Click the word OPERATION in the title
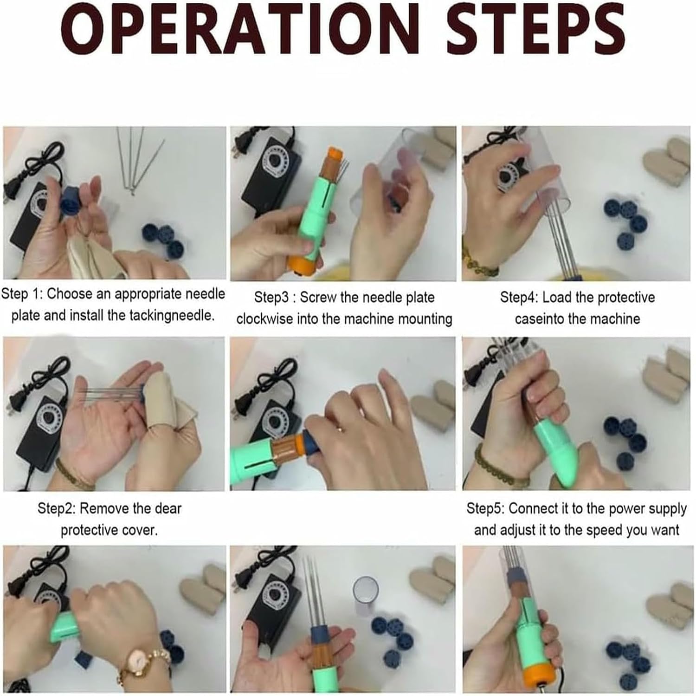point(240,29)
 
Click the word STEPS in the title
point(535,29)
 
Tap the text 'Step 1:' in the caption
point(22,294)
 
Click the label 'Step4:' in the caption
point(519,297)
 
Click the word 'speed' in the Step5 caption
point(607,531)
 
